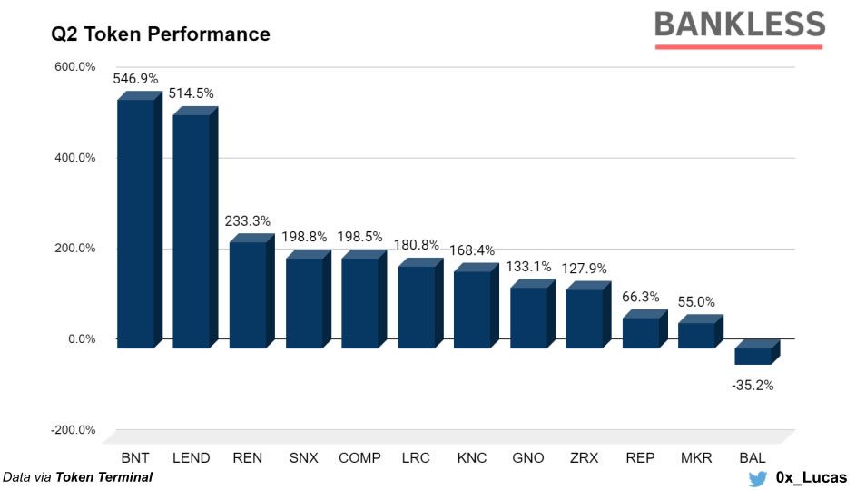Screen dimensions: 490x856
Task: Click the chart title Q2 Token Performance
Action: click(x=161, y=34)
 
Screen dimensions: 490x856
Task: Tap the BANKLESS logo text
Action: click(x=739, y=24)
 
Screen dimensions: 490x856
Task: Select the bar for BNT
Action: click(x=135, y=222)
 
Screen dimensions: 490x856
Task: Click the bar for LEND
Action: click(x=191, y=230)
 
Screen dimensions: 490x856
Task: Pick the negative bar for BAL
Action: click(x=753, y=355)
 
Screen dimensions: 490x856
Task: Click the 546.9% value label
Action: click(x=135, y=79)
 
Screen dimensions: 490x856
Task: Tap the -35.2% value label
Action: click(x=753, y=385)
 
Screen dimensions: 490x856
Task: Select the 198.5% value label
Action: click(x=359, y=237)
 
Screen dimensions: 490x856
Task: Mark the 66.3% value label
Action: click(x=641, y=297)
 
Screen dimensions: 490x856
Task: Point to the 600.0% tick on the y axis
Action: click(x=75, y=67)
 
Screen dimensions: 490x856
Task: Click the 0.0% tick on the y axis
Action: click(x=81, y=339)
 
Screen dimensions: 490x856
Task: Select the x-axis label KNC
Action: click(x=472, y=458)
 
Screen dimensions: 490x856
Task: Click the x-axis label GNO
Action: click(x=527, y=458)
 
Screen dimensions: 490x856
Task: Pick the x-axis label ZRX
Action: click(x=584, y=458)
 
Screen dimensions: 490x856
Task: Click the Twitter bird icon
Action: click(x=757, y=477)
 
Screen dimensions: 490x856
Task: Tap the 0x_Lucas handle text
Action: click(x=811, y=477)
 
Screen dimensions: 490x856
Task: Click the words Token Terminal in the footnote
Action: click(x=104, y=476)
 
